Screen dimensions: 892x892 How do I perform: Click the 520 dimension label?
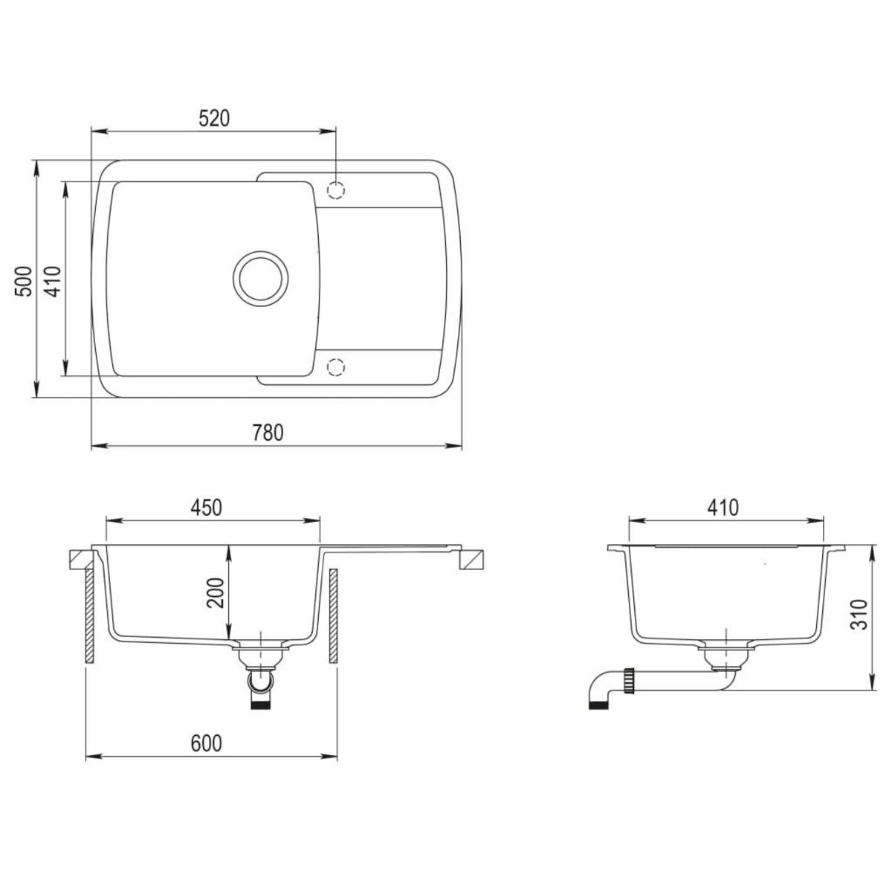coord(213,119)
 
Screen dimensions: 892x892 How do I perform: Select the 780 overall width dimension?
coord(268,433)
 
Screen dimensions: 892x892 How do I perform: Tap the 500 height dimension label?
coord(24,280)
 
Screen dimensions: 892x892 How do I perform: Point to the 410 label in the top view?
coord(52,280)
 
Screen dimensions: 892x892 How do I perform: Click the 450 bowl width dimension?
coord(207,508)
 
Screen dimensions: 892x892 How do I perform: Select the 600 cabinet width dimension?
coord(207,743)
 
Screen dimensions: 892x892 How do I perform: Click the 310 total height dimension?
coord(859,615)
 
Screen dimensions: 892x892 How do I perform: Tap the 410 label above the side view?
coord(723,508)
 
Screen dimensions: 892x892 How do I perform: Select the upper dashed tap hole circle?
coord(336,190)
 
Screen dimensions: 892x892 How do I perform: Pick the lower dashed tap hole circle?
coord(336,366)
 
